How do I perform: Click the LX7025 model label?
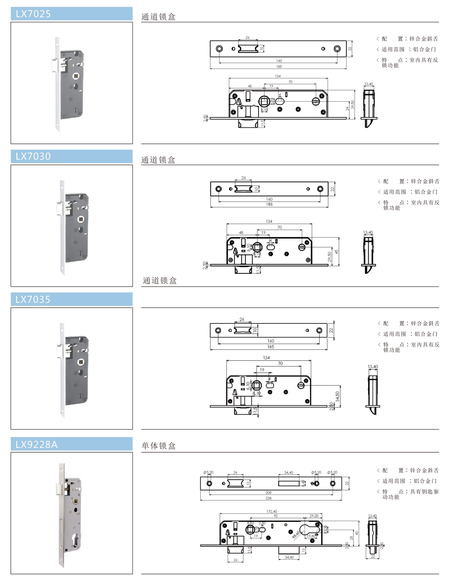tap(33, 14)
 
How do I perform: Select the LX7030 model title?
tap(33, 156)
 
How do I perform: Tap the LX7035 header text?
tap(33, 299)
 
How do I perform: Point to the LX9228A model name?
tap(37, 444)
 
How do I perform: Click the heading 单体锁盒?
tap(159, 446)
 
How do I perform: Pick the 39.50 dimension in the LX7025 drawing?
tap(352, 105)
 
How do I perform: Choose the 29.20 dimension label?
tap(314, 516)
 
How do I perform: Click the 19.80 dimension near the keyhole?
tap(311, 536)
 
